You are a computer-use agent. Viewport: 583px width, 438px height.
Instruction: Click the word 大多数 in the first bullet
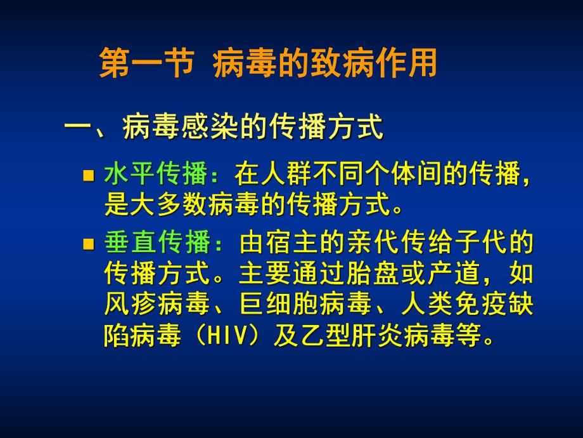pyautogui.click(x=171, y=205)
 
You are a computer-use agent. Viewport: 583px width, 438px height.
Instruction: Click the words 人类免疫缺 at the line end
pyautogui.click(x=468, y=307)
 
